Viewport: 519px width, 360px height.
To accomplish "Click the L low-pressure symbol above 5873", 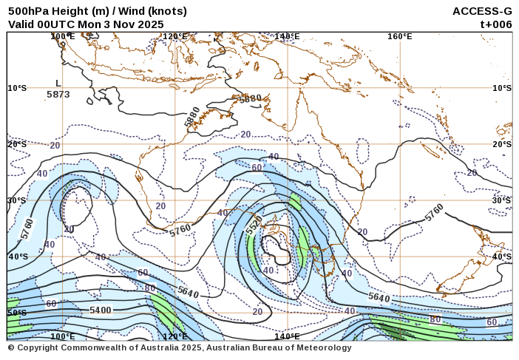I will click(58, 84).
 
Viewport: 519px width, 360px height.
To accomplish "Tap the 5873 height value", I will click(58, 95).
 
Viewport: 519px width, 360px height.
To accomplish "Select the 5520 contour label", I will click(254, 226).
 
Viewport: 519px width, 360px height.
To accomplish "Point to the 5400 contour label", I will click(100, 310).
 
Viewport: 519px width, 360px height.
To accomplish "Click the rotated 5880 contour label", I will click(192, 117).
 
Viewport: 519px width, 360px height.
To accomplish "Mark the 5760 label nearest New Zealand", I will click(434, 212).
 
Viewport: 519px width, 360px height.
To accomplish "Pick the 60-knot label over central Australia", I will click(257, 168).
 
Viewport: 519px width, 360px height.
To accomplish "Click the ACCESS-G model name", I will click(482, 11).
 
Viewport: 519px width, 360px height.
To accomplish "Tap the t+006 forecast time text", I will click(496, 24).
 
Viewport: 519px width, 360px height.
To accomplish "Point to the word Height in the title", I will click(71, 11).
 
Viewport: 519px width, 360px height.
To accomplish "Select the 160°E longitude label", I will click(399, 36).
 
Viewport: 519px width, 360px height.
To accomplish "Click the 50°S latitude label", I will click(17, 313).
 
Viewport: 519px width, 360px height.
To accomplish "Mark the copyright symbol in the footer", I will click(11, 347).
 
